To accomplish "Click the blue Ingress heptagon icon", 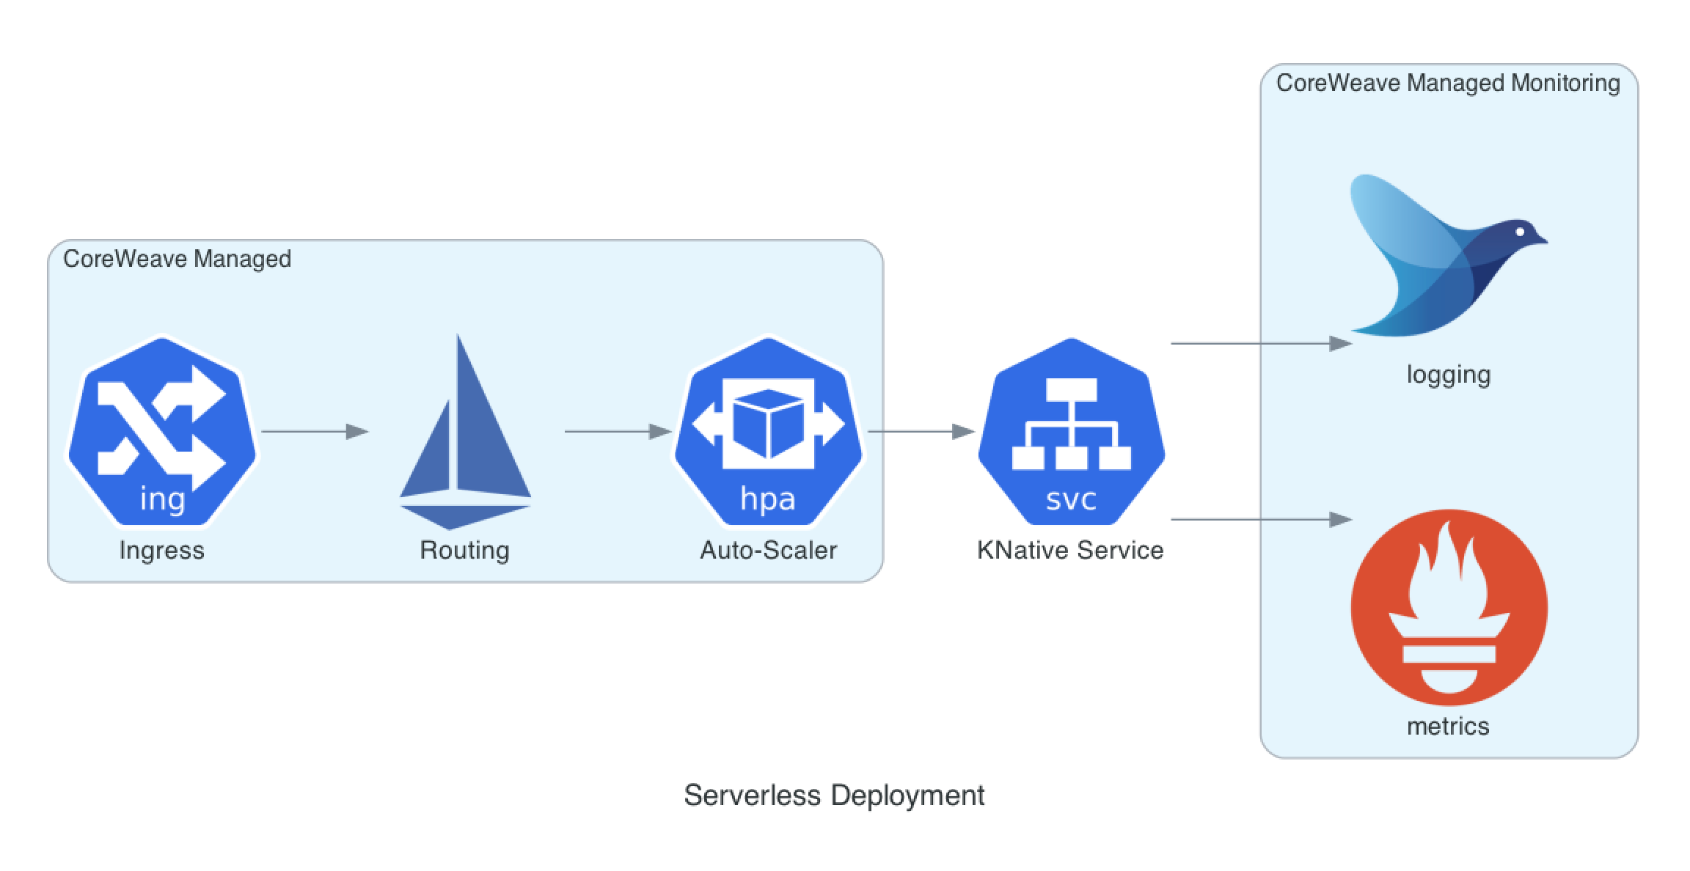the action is click(162, 431).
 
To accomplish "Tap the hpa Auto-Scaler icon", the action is click(768, 431).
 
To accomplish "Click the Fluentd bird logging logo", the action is click(1449, 255).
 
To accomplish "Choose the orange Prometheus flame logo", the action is click(1449, 607).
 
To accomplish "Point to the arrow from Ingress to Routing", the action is click(315, 431).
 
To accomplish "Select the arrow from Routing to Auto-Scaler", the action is click(618, 431).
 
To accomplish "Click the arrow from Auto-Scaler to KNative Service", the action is click(921, 431).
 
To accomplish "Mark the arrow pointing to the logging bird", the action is click(1262, 343).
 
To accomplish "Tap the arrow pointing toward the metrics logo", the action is click(1262, 519).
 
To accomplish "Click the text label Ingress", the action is click(162, 550).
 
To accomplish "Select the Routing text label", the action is click(464, 550).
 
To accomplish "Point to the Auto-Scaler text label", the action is click(768, 550).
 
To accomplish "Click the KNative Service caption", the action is click(1070, 550).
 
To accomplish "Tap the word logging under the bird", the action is click(1449, 375).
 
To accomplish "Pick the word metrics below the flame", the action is click(1448, 726).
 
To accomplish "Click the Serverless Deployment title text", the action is click(834, 795).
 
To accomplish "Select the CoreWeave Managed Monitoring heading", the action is click(1448, 83).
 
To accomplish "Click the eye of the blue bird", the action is click(1521, 232).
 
